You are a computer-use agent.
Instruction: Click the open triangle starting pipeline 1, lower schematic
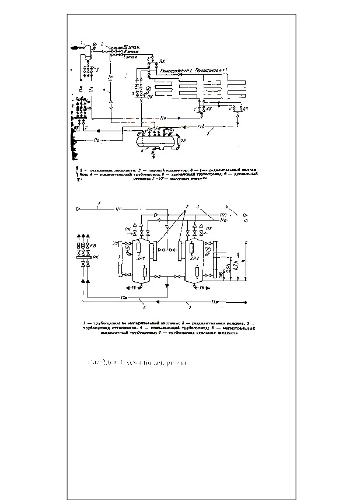tap(79, 208)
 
